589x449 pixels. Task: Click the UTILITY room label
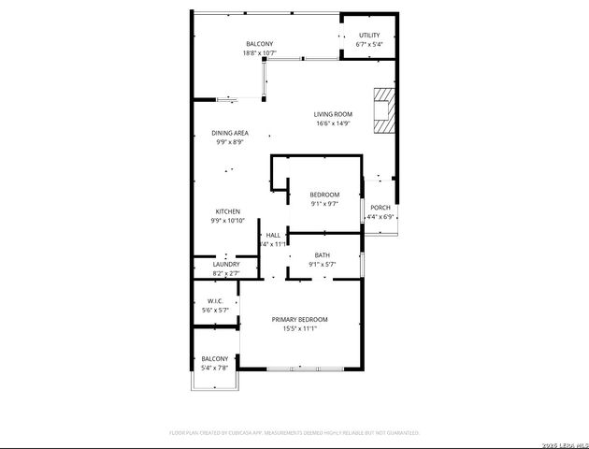point(369,35)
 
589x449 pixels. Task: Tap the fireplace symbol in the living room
point(383,111)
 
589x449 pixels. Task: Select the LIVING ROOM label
point(333,114)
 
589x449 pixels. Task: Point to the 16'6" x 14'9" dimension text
point(333,123)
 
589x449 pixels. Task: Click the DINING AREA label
point(230,133)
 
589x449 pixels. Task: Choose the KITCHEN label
point(229,211)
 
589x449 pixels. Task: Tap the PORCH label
point(381,208)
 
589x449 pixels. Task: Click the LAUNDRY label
point(226,265)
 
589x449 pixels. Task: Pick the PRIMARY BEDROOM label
point(300,320)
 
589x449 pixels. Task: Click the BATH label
point(322,255)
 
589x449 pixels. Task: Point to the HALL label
point(273,235)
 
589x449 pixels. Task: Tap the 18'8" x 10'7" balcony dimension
point(260,53)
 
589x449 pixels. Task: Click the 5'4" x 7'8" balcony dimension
point(216,368)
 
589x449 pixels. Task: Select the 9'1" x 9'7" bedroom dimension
point(323,203)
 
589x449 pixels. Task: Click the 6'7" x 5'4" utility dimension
point(369,44)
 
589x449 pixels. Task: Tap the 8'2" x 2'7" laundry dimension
point(226,273)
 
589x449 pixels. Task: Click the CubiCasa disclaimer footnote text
point(294,433)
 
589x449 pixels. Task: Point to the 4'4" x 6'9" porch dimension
point(381,217)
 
